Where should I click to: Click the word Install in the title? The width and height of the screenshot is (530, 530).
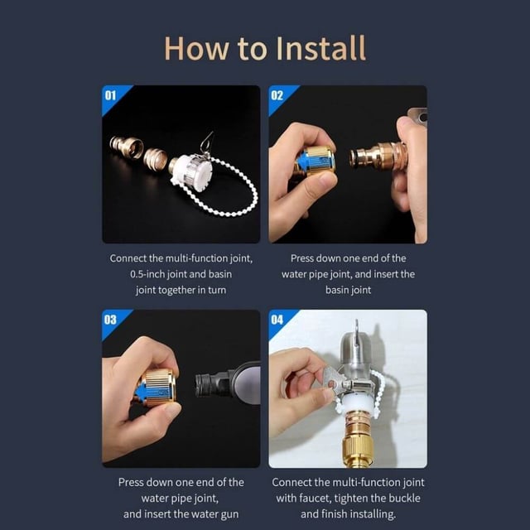320,48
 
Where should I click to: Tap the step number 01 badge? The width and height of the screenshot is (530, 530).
110,96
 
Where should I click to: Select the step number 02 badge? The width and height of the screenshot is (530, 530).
277,96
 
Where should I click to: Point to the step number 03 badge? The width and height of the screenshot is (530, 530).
110,320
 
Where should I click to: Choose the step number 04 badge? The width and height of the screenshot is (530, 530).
277,320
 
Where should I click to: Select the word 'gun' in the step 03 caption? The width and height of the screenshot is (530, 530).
229,514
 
